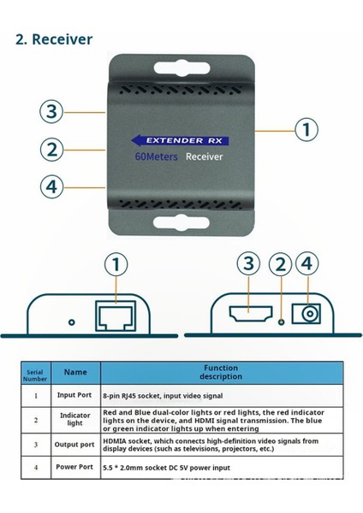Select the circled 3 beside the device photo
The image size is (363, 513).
tap(53, 112)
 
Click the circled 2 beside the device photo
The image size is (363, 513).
tap(53, 149)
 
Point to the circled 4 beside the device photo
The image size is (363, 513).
tap(53, 186)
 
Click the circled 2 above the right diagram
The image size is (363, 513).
tap(277, 266)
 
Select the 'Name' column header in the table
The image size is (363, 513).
tap(75, 372)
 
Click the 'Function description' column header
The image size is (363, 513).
tap(221, 372)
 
